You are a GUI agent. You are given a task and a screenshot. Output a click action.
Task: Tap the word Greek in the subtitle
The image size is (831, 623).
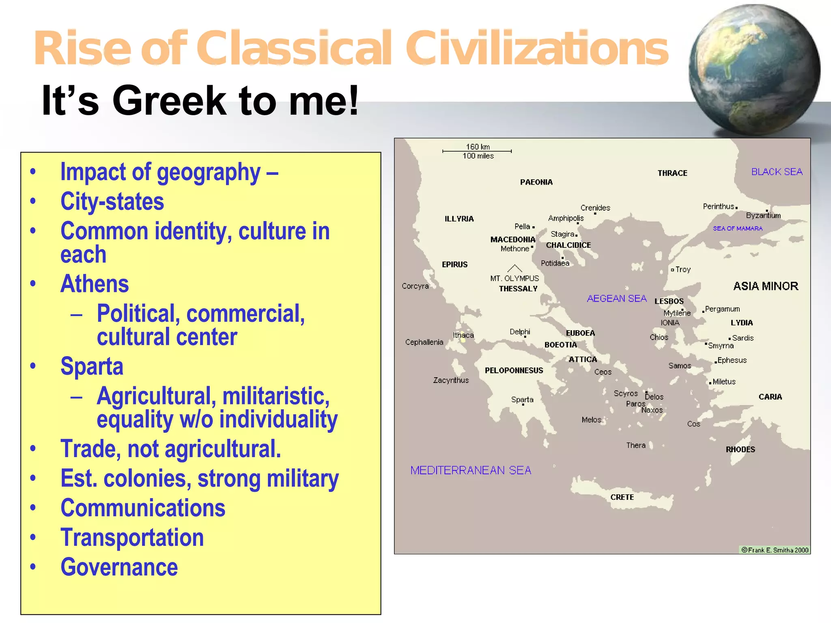tap(169, 101)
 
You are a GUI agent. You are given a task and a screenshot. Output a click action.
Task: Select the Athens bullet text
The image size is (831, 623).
tap(95, 284)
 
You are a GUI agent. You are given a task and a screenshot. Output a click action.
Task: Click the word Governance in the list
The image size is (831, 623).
tap(119, 567)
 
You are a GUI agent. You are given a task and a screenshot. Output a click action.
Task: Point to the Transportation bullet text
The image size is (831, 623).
tap(132, 537)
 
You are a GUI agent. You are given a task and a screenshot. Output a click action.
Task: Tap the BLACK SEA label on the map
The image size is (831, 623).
tap(777, 172)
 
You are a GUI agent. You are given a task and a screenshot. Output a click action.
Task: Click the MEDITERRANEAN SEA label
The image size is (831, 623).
tap(471, 470)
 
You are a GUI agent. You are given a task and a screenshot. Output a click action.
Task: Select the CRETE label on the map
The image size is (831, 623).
tap(622, 497)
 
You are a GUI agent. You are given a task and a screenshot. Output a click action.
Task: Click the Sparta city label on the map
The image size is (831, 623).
tap(522, 400)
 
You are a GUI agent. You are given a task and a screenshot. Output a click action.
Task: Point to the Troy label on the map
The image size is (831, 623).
tap(683, 269)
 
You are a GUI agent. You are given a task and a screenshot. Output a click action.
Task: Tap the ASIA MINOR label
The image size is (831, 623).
tap(765, 286)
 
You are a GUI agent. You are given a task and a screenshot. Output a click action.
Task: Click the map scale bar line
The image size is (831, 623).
tap(477, 151)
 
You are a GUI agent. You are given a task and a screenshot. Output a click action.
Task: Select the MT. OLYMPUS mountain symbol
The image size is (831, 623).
tap(515, 268)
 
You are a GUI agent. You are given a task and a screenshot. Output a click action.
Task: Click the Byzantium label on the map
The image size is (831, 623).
tap(763, 215)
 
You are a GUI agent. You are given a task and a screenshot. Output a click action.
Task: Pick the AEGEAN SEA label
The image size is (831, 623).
tap(616, 299)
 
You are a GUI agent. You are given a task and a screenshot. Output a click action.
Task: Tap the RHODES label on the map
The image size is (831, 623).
tap(740, 449)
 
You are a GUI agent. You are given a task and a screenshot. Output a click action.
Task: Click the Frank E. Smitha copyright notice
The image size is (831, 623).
tap(775, 550)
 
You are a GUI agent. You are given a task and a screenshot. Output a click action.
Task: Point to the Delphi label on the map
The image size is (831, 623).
tap(520, 331)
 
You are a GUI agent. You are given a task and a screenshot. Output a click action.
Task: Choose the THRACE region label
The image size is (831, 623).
tap(672, 173)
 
